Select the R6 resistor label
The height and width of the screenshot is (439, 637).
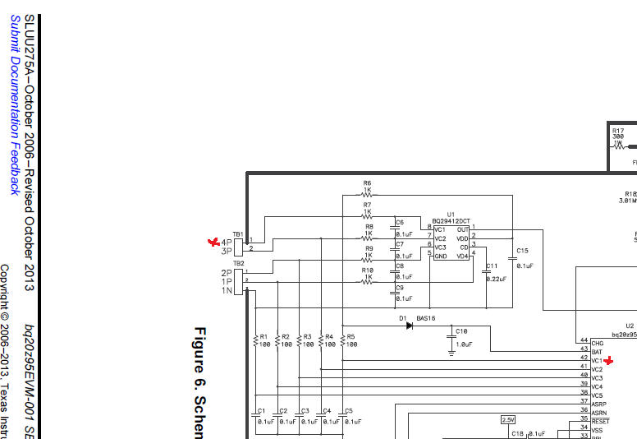tap(367, 183)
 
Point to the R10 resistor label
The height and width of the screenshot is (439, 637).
tap(368, 270)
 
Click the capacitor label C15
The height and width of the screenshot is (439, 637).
tap(523, 250)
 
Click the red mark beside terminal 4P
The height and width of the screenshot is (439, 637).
tap(215, 242)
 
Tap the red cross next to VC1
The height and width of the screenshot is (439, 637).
tap(608, 361)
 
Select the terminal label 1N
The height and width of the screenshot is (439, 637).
tap(226, 291)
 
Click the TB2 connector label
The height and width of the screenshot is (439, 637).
tap(238, 263)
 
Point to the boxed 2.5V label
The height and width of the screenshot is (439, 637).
tap(508, 419)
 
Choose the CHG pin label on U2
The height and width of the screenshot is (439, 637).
tap(598, 342)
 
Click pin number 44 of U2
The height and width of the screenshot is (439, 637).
tap(584, 341)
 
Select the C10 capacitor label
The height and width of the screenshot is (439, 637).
tap(461, 330)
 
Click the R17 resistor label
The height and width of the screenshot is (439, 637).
tap(617, 130)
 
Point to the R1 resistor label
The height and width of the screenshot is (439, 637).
tap(264, 336)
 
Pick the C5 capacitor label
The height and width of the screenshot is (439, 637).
tap(349, 410)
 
